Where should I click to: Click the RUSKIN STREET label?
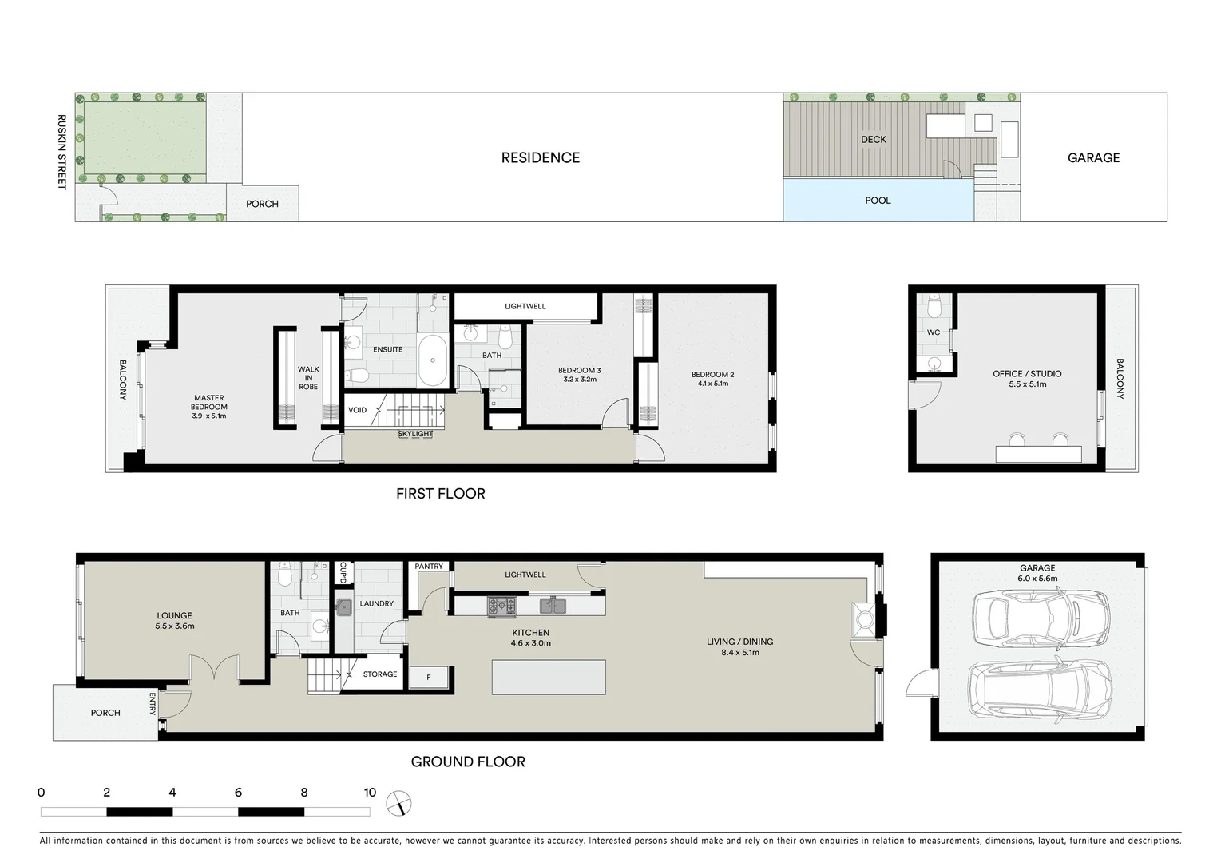[x=61, y=152]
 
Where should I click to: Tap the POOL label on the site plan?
[x=878, y=201]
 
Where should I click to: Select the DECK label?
[x=873, y=140]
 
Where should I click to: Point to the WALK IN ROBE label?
[x=308, y=378]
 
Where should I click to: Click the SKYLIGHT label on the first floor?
[x=415, y=434]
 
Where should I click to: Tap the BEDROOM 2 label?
[x=712, y=375]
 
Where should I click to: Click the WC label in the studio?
[x=933, y=332]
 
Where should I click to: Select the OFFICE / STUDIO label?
[x=1027, y=374]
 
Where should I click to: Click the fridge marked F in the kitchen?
[x=429, y=678]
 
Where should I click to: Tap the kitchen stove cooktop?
[x=502, y=606]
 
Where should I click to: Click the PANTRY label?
[x=429, y=567]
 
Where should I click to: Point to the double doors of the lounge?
[x=215, y=670]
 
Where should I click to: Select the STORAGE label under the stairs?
[x=380, y=674]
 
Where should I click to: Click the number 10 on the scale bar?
[x=370, y=793]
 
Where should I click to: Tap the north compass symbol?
[x=398, y=802]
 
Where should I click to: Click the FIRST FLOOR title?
[x=440, y=494]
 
